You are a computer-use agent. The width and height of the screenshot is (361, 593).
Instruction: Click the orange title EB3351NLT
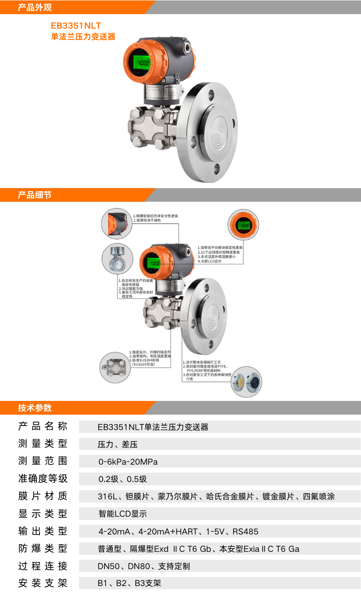[x=76, y=26]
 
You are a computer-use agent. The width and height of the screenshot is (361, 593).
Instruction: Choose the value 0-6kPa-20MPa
[x=128, y=462]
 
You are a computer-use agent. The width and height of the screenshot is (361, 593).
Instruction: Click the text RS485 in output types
[x=245, y=531]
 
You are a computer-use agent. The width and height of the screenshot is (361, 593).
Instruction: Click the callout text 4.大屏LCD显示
[x=210, y=261]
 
